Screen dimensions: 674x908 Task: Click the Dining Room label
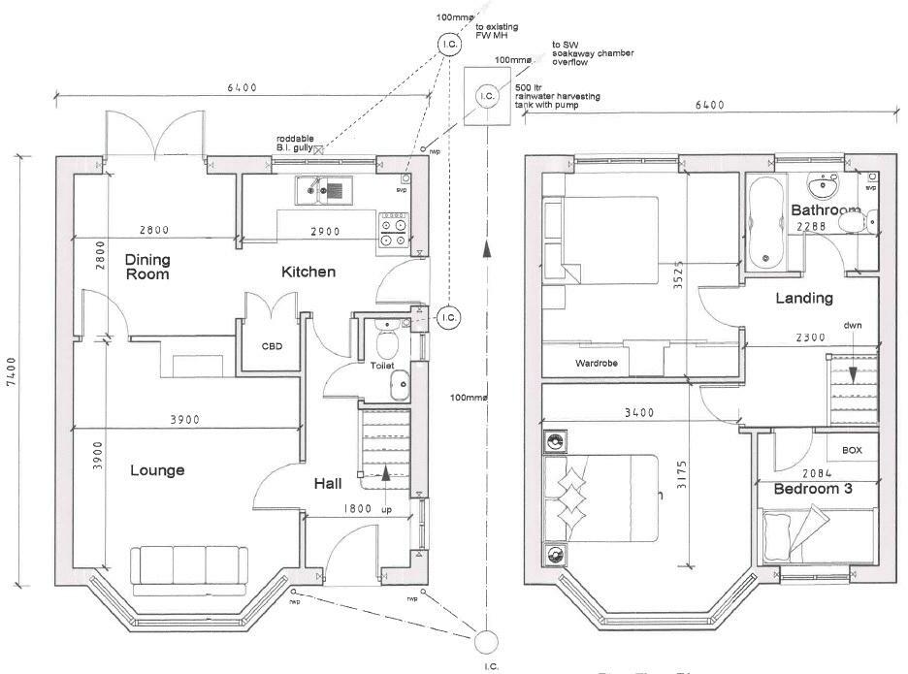pos(146,267)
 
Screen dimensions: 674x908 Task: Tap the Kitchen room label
pos(308,272)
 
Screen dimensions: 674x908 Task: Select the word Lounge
pos(157,470)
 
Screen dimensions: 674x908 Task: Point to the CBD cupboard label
pos(273,346)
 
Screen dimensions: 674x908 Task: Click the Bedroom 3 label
pos(812,490)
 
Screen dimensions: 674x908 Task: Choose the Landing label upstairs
pos(804,298)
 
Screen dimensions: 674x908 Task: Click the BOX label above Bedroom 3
pos(852,451)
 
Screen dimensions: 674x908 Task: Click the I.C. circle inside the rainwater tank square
pos(487,95)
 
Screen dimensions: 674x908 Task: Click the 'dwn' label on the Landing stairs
pos(852,326)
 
